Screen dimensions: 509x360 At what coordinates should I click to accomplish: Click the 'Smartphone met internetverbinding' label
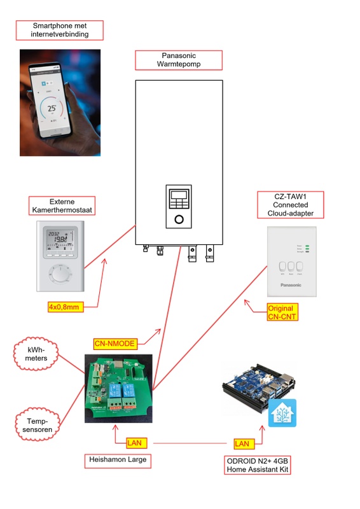59,29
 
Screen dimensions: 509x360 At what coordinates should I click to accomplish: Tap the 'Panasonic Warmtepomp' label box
178,60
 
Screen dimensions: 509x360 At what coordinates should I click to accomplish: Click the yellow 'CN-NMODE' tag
115,344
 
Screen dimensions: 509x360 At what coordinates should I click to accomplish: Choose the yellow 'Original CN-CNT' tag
282,312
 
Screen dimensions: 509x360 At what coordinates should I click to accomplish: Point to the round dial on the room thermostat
59,275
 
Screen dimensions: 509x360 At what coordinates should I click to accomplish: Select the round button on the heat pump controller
179,220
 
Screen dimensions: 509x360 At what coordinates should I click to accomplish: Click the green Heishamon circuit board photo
120,389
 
